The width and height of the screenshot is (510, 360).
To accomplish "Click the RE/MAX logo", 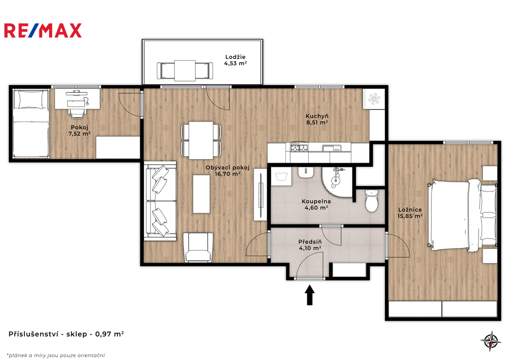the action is click(x=43, y=30).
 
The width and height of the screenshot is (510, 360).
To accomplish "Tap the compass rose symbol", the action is click(x=491, y=341).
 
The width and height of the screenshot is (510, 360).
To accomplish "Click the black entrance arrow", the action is click(x=309, y=295).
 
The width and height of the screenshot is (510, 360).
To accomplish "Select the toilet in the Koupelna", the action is click(x=372, y=200).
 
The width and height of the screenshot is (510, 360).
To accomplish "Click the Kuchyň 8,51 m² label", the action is click(x=317, y=119).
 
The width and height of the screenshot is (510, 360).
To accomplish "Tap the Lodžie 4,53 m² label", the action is click(x=235, y=60).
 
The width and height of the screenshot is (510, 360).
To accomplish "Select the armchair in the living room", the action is click(x=198, y=247).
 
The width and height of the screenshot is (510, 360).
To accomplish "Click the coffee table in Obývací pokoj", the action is click(x=201, y=194).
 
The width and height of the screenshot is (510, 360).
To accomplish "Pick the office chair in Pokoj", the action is click(x=77, y=109).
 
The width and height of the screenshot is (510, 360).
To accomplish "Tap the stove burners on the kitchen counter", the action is click(x=299, y=147).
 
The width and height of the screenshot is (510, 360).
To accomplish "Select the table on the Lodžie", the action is click(x=185, y=70).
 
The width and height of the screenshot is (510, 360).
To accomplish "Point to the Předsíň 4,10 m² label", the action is click(x=310, y=245).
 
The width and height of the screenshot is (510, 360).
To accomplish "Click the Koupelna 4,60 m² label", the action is click(x=316, y=205).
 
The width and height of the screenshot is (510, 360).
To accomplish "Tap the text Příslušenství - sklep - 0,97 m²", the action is click(x=66, y=334).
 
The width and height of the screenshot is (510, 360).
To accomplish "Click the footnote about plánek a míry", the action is click(x=56, y=356).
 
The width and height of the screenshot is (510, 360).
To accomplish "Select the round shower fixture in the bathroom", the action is click(x=335, y=178).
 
